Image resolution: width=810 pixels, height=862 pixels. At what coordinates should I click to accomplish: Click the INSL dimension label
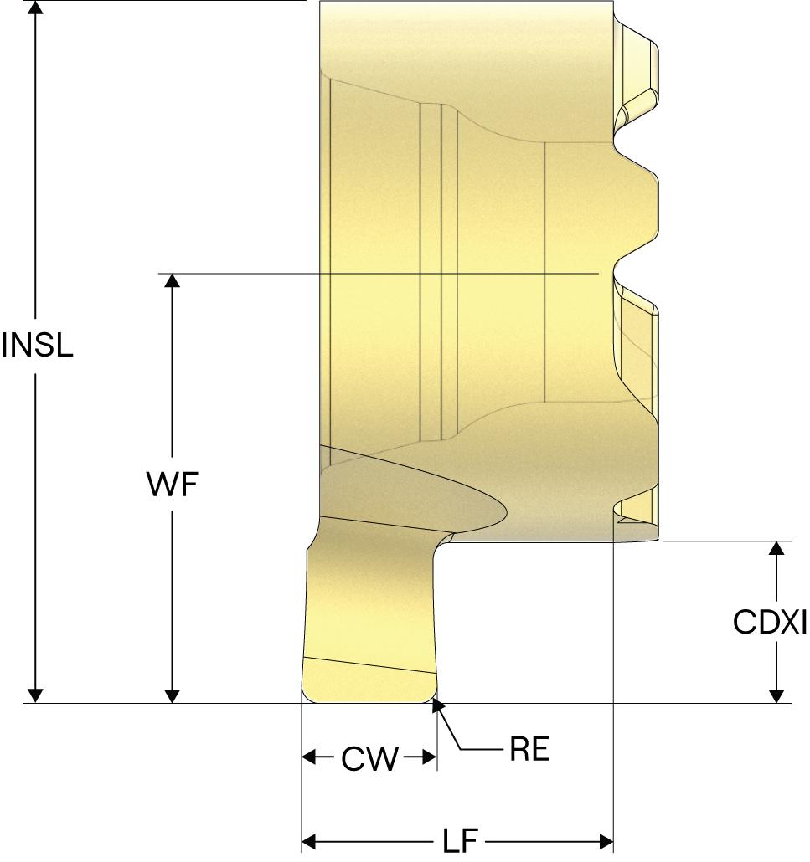point(38,345)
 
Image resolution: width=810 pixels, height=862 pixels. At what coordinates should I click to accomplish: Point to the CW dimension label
point(369,759)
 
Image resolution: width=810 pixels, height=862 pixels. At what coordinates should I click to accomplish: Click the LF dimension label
point(457,840)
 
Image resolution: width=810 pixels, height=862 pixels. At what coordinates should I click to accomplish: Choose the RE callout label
point(529,750)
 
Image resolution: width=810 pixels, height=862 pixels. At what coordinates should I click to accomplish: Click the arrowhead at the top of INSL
point(35,8)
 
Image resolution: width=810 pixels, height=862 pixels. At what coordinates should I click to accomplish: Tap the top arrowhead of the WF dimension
point(172,280)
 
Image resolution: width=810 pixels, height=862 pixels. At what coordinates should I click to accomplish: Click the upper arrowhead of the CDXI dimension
point(777,548)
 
